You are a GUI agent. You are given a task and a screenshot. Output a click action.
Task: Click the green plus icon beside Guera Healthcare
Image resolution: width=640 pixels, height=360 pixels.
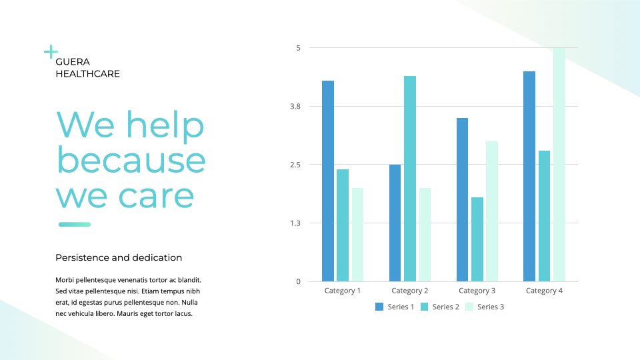click(x=51, y=52)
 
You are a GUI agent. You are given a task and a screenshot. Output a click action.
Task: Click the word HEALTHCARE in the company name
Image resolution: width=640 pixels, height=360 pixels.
click(x=88, y=74)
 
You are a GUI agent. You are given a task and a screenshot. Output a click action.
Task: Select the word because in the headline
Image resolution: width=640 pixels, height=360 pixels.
click(x=131, y=160)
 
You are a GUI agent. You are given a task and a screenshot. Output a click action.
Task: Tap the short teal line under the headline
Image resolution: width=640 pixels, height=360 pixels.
click(x=75, y=224)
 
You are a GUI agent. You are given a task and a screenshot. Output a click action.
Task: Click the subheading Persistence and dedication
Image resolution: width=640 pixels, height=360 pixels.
click(x=119, y=257)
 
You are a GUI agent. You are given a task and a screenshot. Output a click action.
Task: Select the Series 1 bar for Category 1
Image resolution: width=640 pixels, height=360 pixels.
click(x=328, y=181)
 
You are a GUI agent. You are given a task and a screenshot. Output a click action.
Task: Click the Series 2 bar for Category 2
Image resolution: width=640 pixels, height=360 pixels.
click(x=410, y=179)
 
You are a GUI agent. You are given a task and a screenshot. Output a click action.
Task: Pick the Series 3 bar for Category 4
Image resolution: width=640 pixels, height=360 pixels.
click(x=559, y=165)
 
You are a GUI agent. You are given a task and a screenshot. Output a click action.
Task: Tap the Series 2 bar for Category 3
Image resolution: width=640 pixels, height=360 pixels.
click(x=477, y=239)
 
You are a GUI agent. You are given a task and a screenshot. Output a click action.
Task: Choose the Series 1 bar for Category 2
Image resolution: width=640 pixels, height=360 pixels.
click(x=395, y=223)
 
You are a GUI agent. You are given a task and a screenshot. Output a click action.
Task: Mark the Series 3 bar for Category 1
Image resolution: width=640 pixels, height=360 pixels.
click(x=357, y=235)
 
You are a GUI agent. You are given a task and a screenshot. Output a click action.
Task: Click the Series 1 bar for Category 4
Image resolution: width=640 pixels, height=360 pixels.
click(x=529, y=176)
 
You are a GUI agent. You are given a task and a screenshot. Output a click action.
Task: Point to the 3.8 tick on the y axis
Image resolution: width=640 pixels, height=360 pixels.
click(x=295, y=107)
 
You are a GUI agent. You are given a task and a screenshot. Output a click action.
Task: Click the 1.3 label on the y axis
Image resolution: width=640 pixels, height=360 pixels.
click(x=295, y=223)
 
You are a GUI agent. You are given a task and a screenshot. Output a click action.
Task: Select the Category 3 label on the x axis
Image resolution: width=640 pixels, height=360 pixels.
click(x=477, y=291)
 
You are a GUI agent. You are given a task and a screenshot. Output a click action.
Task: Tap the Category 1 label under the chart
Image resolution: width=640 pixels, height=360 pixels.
click(x=343, y=291)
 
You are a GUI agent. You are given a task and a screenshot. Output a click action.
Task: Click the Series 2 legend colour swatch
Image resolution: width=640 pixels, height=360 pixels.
click(x=425, y=307)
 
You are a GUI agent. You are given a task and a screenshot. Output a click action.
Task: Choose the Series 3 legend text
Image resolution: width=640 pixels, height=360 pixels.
click(x=491, y=307)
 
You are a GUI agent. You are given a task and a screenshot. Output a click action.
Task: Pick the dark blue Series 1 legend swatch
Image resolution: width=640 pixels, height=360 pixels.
click(x=379, y=307)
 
